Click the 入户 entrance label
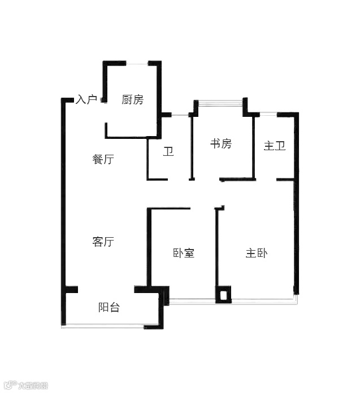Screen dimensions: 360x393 click(86, 100)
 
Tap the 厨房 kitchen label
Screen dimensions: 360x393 click(132, 100)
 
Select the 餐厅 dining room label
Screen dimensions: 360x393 click(103, 160)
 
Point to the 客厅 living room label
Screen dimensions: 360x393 click(103, 242)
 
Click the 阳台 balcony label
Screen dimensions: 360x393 click(109, 308)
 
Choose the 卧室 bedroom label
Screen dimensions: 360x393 click(184, 253)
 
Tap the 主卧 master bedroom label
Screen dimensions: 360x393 click(257, 253)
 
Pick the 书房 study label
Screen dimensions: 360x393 click(221, 143)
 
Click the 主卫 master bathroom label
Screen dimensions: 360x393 click(275, 146)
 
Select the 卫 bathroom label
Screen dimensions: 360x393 click(168, 152)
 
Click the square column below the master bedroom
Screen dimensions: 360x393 click(224, 294)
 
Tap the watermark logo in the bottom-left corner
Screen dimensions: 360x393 click(25, 386)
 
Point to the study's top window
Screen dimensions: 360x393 click(220, 102)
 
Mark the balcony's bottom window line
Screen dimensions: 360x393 click(105, 326)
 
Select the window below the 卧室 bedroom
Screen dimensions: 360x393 click(192, 300)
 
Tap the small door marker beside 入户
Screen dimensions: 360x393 click(103, 101)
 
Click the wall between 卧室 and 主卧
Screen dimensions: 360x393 click(217, 248)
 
